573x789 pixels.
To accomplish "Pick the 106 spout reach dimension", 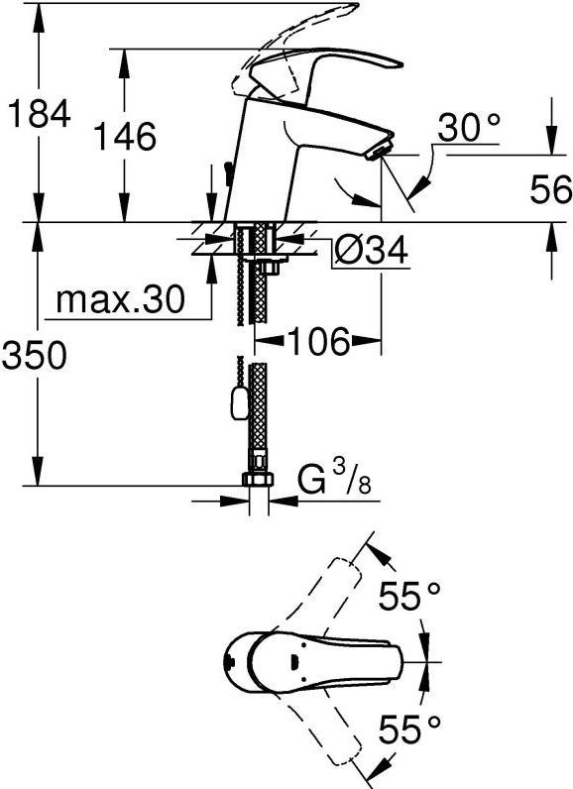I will pos(319,343).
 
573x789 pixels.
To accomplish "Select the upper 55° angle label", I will pos(410,597).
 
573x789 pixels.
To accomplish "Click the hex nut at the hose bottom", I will pos(258,480).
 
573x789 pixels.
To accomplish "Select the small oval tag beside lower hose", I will pos(236,402).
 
